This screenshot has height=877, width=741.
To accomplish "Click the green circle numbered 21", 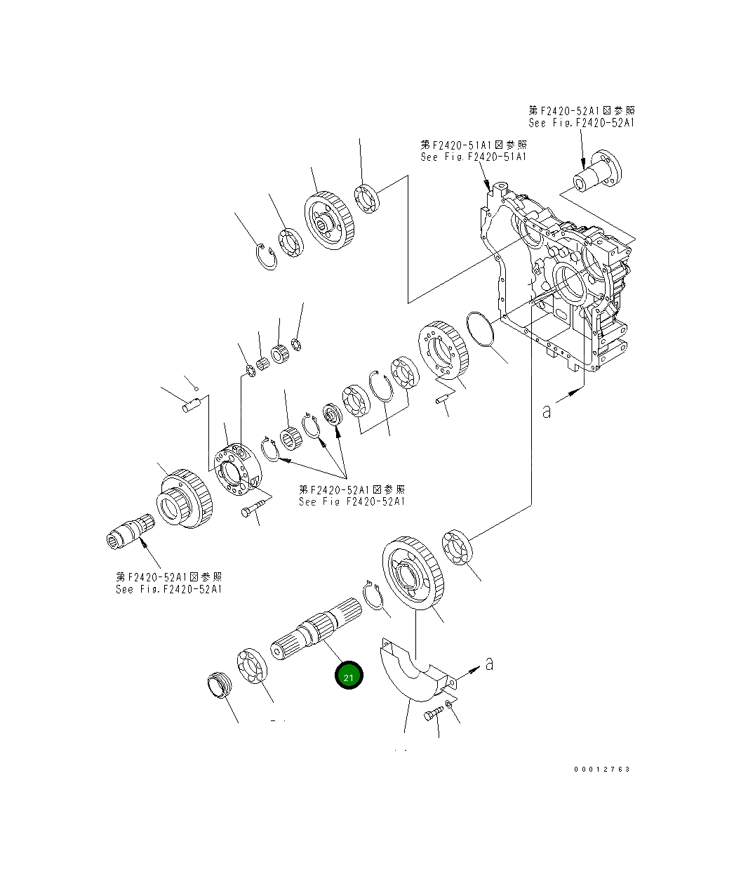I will [x=349, y=676].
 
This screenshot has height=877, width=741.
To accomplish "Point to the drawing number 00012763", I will [x=602, y=769].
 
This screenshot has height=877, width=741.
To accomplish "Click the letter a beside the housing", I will [x=547, y=410].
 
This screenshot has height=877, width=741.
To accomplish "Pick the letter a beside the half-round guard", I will [x=490, y=662].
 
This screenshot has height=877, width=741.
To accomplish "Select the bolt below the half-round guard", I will [x=431, y=714].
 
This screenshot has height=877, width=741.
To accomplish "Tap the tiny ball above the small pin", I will [x=197, y=388].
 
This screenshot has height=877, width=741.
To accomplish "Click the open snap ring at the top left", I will [x=266, y=255].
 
